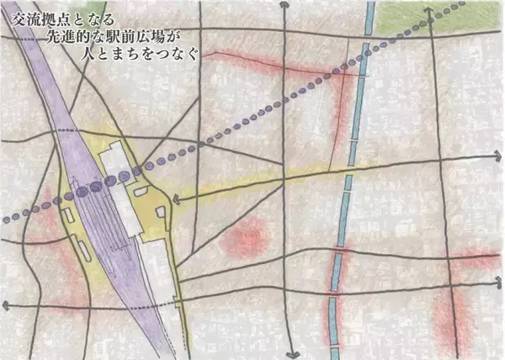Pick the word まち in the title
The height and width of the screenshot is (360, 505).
(x=126, y=55)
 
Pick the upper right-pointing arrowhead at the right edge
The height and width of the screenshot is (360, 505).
(x=497, y=156)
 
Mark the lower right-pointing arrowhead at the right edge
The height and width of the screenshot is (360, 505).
(x=497, y=288)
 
